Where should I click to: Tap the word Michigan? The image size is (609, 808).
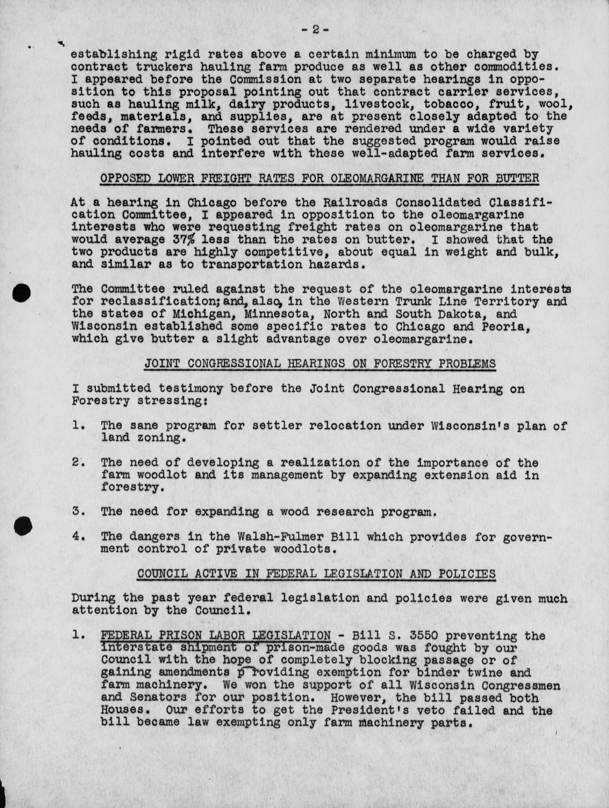pos(202,314)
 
